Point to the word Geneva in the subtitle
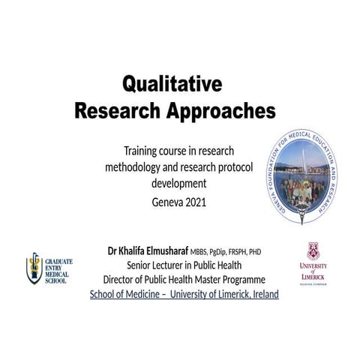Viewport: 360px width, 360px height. [x=165, y=202]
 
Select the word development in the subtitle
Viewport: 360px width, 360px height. [x=178, y=183]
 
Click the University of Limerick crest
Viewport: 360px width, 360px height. [x=313, y=251]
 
